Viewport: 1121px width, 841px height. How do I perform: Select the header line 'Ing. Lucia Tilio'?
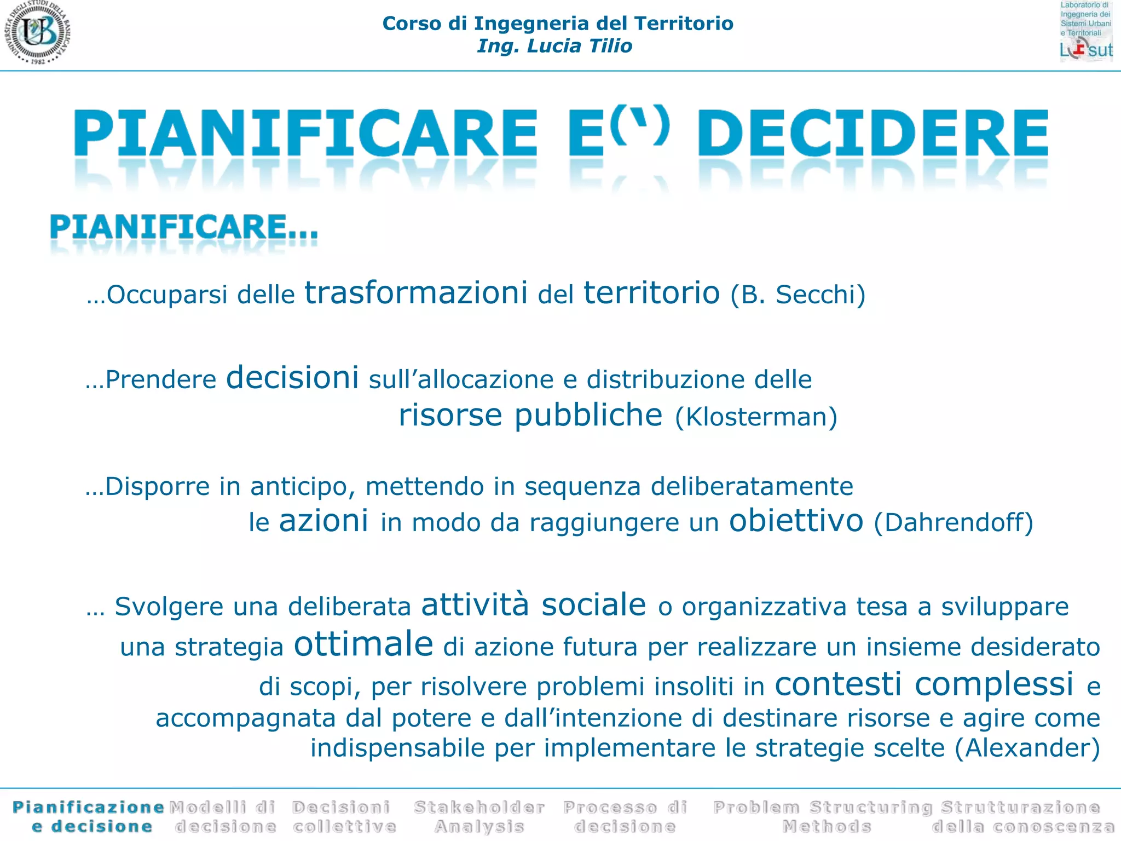coord(554,46)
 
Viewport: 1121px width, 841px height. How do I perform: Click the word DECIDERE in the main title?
coord(872,133)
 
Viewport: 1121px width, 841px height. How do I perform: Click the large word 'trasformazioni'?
coord(416,293)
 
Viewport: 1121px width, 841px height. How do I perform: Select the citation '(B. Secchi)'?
coord(798,295)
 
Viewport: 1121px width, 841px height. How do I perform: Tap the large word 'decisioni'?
coord(292,378)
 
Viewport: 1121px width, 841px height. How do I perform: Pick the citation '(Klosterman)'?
coord(756,417)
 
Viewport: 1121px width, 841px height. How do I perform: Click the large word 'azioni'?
coord(323,521)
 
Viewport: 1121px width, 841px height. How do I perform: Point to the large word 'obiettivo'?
coord(796,521)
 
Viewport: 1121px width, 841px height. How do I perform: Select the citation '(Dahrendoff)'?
coord(954,522)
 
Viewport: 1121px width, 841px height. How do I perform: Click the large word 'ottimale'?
coord(363,644)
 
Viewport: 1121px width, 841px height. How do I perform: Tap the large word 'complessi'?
coord(993,684)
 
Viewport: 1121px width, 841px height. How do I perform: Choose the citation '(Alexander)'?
coord(1027,748)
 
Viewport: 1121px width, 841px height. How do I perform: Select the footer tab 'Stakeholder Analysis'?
coord(479,816)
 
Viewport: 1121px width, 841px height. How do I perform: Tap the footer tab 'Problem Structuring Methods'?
coord(822,816)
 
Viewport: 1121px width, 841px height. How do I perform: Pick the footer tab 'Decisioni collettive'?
coord(344,816)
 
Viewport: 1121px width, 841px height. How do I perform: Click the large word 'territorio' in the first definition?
coord(651,293)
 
